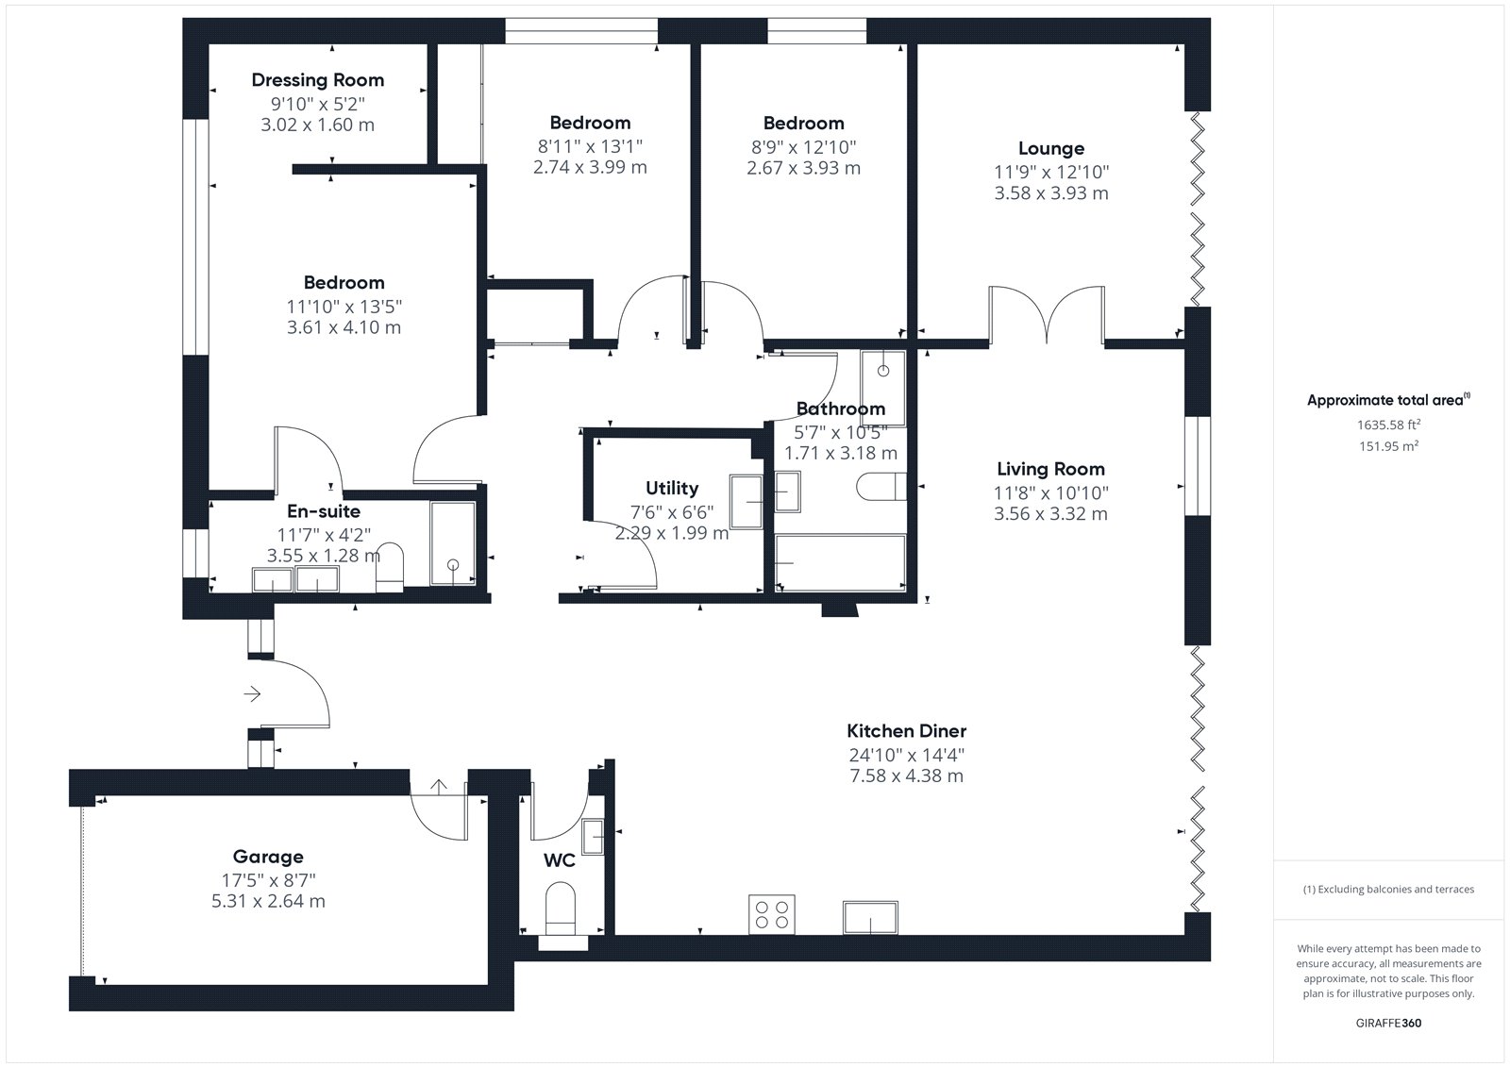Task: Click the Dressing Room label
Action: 317,80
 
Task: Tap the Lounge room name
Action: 1051,149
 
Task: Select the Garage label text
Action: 268,857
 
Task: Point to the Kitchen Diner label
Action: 907,730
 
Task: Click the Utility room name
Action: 672,488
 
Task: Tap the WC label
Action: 560,860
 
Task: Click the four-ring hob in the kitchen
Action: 772,915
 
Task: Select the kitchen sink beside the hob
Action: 870,917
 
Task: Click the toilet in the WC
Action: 561,909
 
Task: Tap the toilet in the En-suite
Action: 389,568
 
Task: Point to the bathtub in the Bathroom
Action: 840,563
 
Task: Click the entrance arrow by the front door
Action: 252,693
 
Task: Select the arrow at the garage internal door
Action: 439,787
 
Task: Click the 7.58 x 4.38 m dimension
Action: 907,775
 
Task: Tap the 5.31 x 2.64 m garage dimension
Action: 268,901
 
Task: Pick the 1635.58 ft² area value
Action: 1388,425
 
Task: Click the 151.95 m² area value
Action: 1388,446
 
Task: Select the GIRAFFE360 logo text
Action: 1388,1024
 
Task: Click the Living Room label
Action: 1051,469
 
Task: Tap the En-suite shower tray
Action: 453,543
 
